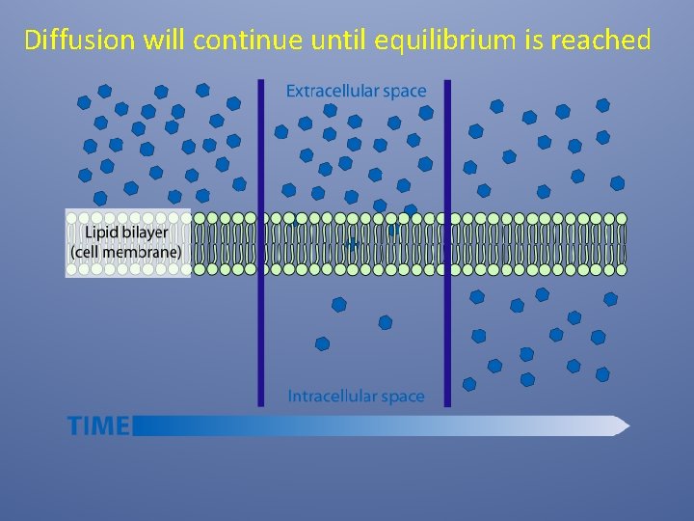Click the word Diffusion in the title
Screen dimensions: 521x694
point(79,41)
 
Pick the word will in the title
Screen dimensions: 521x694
point(165,41)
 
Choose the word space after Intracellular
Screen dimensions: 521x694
point(402,397)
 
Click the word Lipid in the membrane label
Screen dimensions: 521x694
point(100,233)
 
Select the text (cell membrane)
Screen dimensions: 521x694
point(125,252)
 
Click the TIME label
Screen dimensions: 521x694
point(98,425)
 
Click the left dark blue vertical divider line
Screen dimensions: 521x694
point(260,241)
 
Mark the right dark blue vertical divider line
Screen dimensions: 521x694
point(447,241)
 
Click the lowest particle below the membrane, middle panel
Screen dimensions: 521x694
point(322,343)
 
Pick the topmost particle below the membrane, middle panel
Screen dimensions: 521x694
point(338,304)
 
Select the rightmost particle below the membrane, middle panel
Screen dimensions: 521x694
point(386,322)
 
